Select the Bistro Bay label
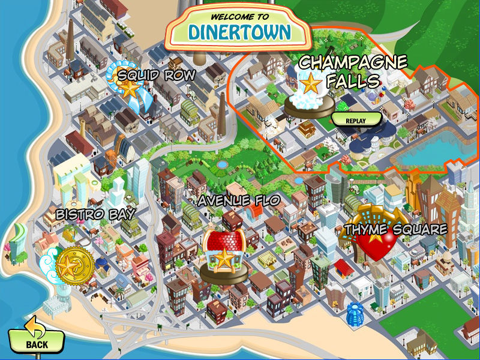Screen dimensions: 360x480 (x=95, y=214)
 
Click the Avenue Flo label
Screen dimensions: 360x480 (x=239, y=200)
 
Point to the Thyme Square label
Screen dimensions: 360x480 (x=396, y=229)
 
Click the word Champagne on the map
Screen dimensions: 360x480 (x=353, y=62)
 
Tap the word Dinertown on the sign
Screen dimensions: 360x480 (x=238, y=31)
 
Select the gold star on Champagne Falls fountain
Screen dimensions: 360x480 (x=310, y=84)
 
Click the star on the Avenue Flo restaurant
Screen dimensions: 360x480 (x=224, y=259)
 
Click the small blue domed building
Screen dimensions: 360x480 (x=354, y=311)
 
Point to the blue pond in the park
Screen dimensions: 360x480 (x=223, y=163)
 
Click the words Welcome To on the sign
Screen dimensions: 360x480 (x=239, y=16)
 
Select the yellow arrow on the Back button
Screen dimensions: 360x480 (x=35, y=328)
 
